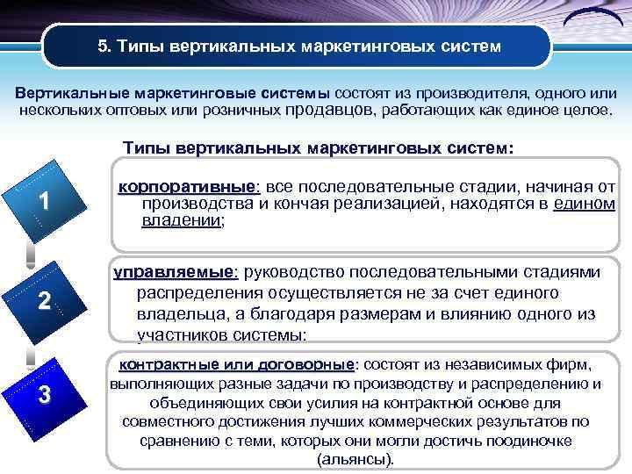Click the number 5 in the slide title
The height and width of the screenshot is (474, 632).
[102, 46]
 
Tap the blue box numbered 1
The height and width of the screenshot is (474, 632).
[41, 203]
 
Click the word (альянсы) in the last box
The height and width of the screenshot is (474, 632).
[354, 459]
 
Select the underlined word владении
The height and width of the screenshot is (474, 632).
[182, 221]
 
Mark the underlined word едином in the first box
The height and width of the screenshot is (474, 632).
[585, 205]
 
